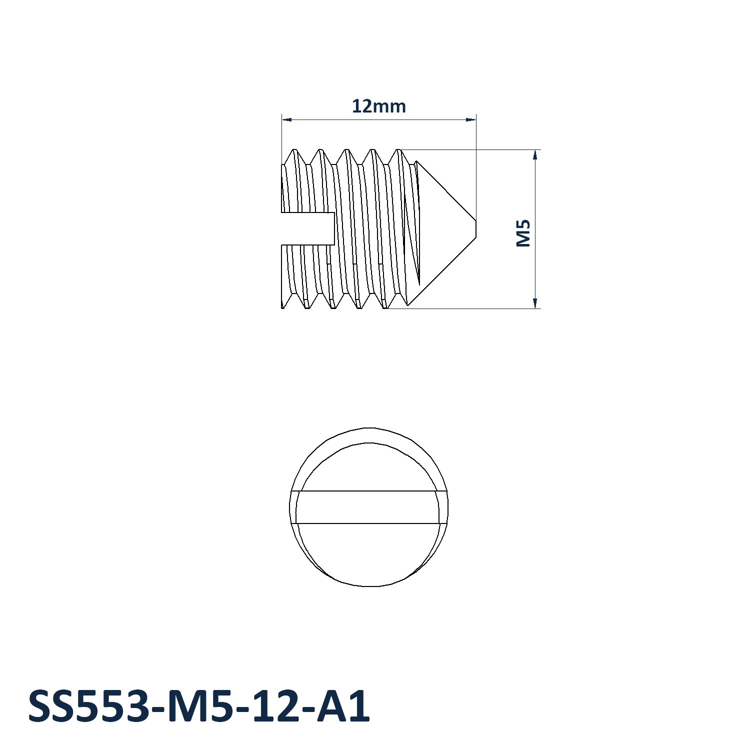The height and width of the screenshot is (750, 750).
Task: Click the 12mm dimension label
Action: tap(378, 106)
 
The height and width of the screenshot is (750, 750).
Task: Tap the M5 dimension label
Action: tap(523, 233)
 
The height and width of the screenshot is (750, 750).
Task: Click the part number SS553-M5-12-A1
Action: tap(199, 706)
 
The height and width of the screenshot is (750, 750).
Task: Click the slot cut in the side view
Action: tap(307, 228)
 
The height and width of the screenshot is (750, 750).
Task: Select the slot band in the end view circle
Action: tap(369, 507)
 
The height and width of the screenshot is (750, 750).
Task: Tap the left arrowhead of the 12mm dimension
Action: tap(286, 119)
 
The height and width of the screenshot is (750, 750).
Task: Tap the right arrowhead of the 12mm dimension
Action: tap(470, 119)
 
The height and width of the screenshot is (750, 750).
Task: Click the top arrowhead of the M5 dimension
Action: tap(535, 154)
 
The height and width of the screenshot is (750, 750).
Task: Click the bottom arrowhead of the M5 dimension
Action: tap(535, 303)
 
